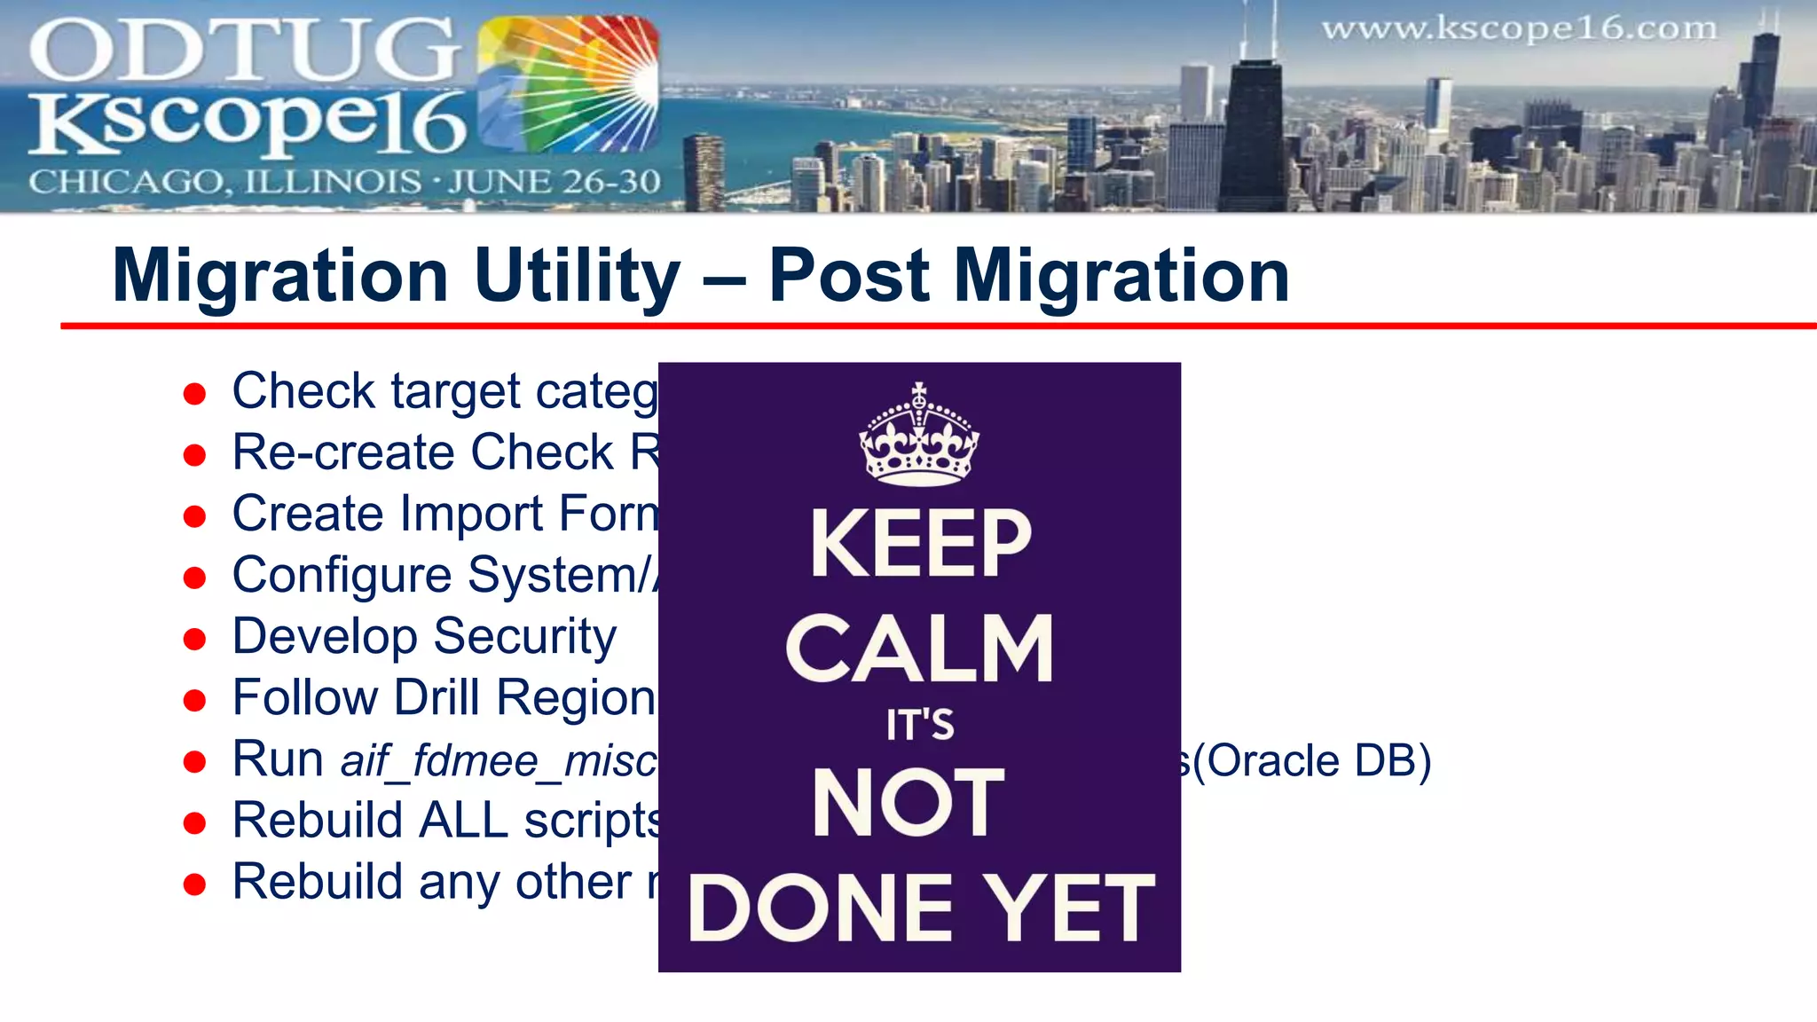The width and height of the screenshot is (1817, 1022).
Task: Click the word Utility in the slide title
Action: [x=577, y=276]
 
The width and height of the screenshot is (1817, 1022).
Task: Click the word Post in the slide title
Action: [x=848, y=276]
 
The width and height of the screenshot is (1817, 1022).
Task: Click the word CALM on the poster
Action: [x=919, y=649]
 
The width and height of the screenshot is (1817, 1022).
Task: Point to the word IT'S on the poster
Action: [x=920, y=725]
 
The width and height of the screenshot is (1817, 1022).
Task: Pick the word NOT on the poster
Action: [x=908, y=803]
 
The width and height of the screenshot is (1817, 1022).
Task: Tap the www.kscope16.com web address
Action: [x=1519, y=28]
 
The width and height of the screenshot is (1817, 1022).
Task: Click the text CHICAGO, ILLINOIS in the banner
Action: [x=224, y=182]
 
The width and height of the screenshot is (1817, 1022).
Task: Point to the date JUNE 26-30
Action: [x=554, y=182]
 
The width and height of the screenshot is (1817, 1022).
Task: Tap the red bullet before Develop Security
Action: [x=194, y=639]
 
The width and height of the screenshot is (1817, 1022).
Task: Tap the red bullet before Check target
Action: [x=194, y=393]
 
